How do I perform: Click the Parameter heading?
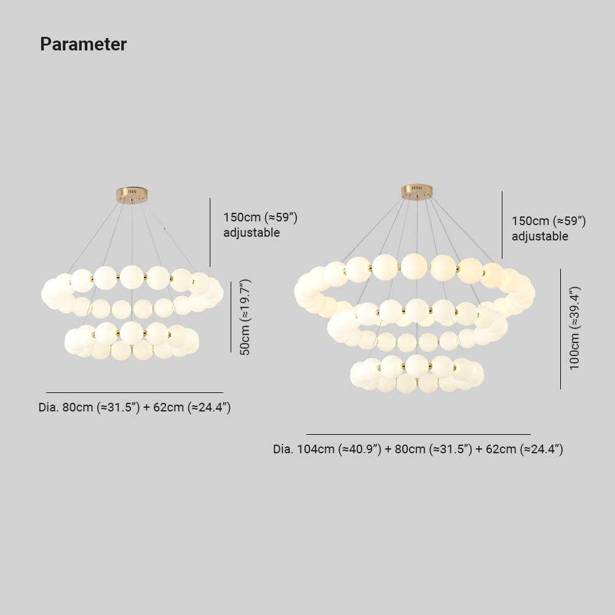tap(83, 44)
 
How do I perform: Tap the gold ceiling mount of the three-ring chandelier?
tap(416, 191)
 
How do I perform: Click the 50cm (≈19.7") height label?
tap(245, 317)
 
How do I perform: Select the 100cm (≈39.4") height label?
tap(574, 328)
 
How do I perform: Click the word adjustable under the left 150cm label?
tap(252, 232)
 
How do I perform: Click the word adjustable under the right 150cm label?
tap(540, 236)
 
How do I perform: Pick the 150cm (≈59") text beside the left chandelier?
tap(260, 217)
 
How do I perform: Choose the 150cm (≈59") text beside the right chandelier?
tap(549, 221)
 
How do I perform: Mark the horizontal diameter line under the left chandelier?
tap(135, 392)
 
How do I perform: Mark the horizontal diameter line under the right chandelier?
tap(418, 434)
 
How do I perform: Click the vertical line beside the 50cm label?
tap(231, 317)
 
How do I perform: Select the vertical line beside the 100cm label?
tap(560, 329)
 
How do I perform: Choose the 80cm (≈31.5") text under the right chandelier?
tap(434, 449)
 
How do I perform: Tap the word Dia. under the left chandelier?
tap(49, 407)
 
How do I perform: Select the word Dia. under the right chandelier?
tap(283, 449)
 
